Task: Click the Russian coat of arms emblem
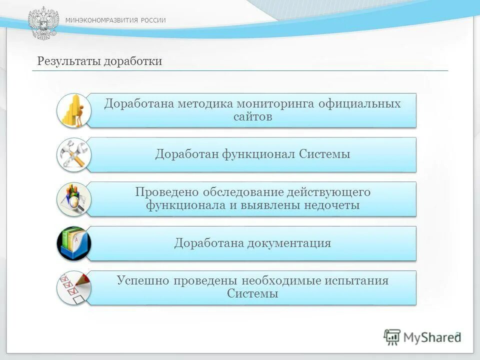[x=43, y=23]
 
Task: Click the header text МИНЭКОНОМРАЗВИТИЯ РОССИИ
[x=115, y=20]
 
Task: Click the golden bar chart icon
[x=73, y=110]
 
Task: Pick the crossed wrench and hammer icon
[x=73, y=154]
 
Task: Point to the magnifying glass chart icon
[x=73, y=199]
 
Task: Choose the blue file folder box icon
[x=73, y=243]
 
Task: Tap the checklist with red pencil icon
[x=73, y=288]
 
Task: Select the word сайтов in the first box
[x=252, y=117]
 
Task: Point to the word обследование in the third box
[x=244, y=192]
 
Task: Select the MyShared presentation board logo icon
[x=392, y=337]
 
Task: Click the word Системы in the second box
[x=324, y=154]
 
